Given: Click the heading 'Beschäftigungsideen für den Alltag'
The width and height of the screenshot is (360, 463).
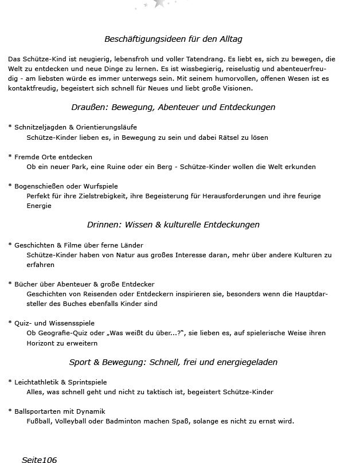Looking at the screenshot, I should tap(173, 39).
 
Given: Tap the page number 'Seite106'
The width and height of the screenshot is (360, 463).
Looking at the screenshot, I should tap(39, 459).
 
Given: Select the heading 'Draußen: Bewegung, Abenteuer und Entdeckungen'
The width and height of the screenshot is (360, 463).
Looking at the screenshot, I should tap(173, 107).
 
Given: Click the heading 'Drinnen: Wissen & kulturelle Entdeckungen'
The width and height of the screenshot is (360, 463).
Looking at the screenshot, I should tap(173, 225).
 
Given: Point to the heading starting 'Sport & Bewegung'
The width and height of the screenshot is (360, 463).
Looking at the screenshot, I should tap(173, 362).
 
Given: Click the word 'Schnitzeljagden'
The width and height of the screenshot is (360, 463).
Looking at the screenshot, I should tap(38, 127).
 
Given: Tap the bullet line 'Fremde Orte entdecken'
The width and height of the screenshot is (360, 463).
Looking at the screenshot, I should tap(53, 157).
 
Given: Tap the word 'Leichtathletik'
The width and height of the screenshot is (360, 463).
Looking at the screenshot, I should tap(36, 382).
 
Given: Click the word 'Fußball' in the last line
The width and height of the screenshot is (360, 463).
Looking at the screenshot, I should tap(38, 421).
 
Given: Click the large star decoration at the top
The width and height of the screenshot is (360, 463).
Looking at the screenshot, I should tap(159, 3).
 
